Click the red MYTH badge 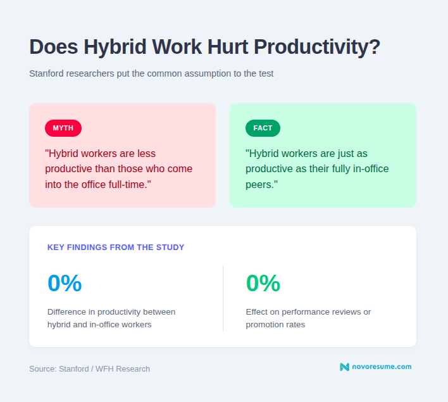pyautogui.click(x=63, y=128)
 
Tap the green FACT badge pyautogui.click(x=263, y=128)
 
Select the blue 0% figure pyautogui.click(x=65, y=283)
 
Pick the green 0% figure pyautogui.click(x=263, y=283)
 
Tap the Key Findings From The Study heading pyautogui.click(x=116, y=248)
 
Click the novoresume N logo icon pyautogui.click(x=344, y=367)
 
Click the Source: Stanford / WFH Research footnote pyautogui.click(x=89, y=368)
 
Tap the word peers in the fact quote pyautogui.click(x=260, y=184)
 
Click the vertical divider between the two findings pyautogui.click(x=223, y=298)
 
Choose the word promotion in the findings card pyautogui.click(x=265, y=324)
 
